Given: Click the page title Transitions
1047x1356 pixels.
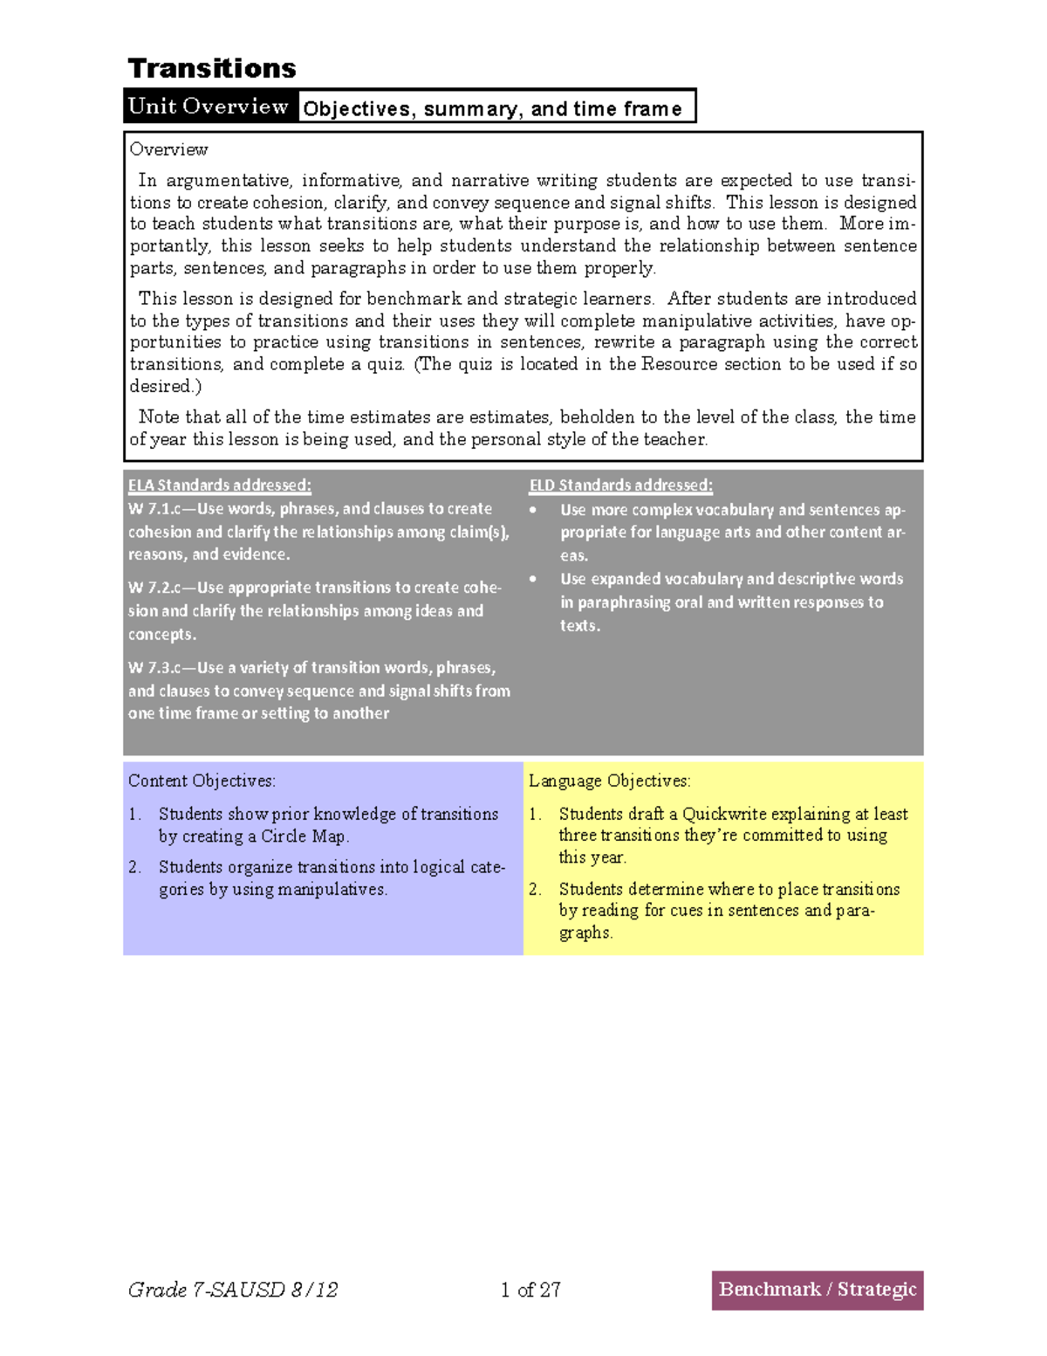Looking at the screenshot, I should (x=212, y=68).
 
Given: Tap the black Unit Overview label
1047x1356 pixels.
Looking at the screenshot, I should (x=209, y=107).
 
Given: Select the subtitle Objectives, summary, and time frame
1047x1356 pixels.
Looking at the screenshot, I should (x=492, y=109).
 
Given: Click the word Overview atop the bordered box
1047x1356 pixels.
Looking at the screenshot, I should (x=169, y=149).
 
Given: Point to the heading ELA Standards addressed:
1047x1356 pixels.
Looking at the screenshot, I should (x=220, y=485).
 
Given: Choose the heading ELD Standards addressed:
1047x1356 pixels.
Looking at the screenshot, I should (x=621, y=485).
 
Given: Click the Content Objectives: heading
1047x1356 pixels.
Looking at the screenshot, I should (x=202, y=781).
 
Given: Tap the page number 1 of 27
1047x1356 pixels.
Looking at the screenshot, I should (x=530, y=1290).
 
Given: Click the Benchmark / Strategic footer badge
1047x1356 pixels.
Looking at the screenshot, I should (x=818, y=1290).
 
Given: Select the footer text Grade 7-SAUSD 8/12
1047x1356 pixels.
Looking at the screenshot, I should (x=233, y=1290).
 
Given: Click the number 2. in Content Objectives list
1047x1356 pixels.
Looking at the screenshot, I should (x=135, y=867).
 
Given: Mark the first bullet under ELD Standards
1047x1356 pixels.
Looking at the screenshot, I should (x=533, y=510).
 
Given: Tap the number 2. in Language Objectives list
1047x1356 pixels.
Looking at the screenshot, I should (x=536, y=889).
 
